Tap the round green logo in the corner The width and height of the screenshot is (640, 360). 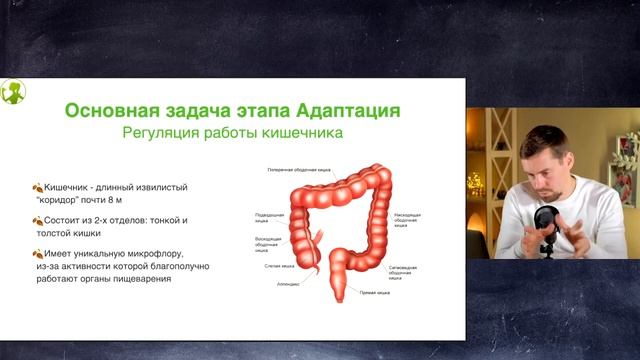(x=13, y=93)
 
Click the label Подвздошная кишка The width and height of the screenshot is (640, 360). (x=269, y=217)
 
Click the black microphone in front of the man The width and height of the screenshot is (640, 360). (x=546, y=219)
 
